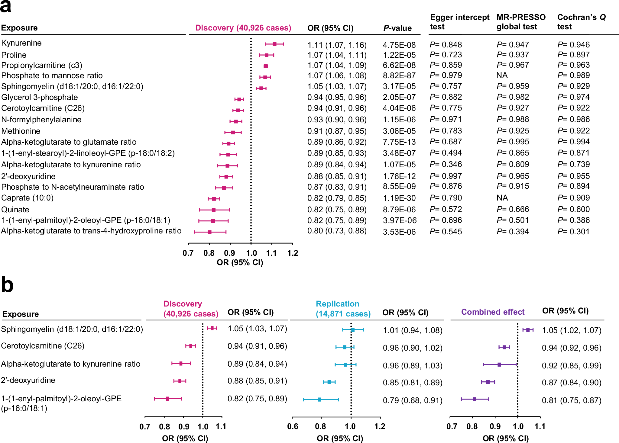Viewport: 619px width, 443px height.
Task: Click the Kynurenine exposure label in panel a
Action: [x=21, y=43]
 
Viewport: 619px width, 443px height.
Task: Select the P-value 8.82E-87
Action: [x=399, y=75]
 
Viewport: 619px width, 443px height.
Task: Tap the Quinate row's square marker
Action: [x=214, y=210]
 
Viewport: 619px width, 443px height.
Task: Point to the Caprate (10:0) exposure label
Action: [x=27, y=198]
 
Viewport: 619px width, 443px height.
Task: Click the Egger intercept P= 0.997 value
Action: [x=446, y=176]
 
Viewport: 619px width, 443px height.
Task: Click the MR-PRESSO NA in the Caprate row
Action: [x=502, y=198]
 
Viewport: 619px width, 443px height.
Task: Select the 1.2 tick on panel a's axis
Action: [x=292, y=253]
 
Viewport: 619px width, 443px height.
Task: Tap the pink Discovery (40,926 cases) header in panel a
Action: [x=243, y=28]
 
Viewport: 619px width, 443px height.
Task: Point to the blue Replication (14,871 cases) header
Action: [x=343, y=309]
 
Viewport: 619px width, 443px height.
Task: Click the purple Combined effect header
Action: [x=493, y=312]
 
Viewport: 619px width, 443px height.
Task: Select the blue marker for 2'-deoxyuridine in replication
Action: [x=329, y=382]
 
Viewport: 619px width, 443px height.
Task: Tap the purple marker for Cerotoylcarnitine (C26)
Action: [x=504, y=347]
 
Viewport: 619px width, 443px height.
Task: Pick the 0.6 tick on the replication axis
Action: [x=292, y=426]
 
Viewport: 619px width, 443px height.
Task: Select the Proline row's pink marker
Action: [x=266, y=55]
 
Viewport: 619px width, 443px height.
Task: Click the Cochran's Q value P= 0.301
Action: [x=573, y=232]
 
